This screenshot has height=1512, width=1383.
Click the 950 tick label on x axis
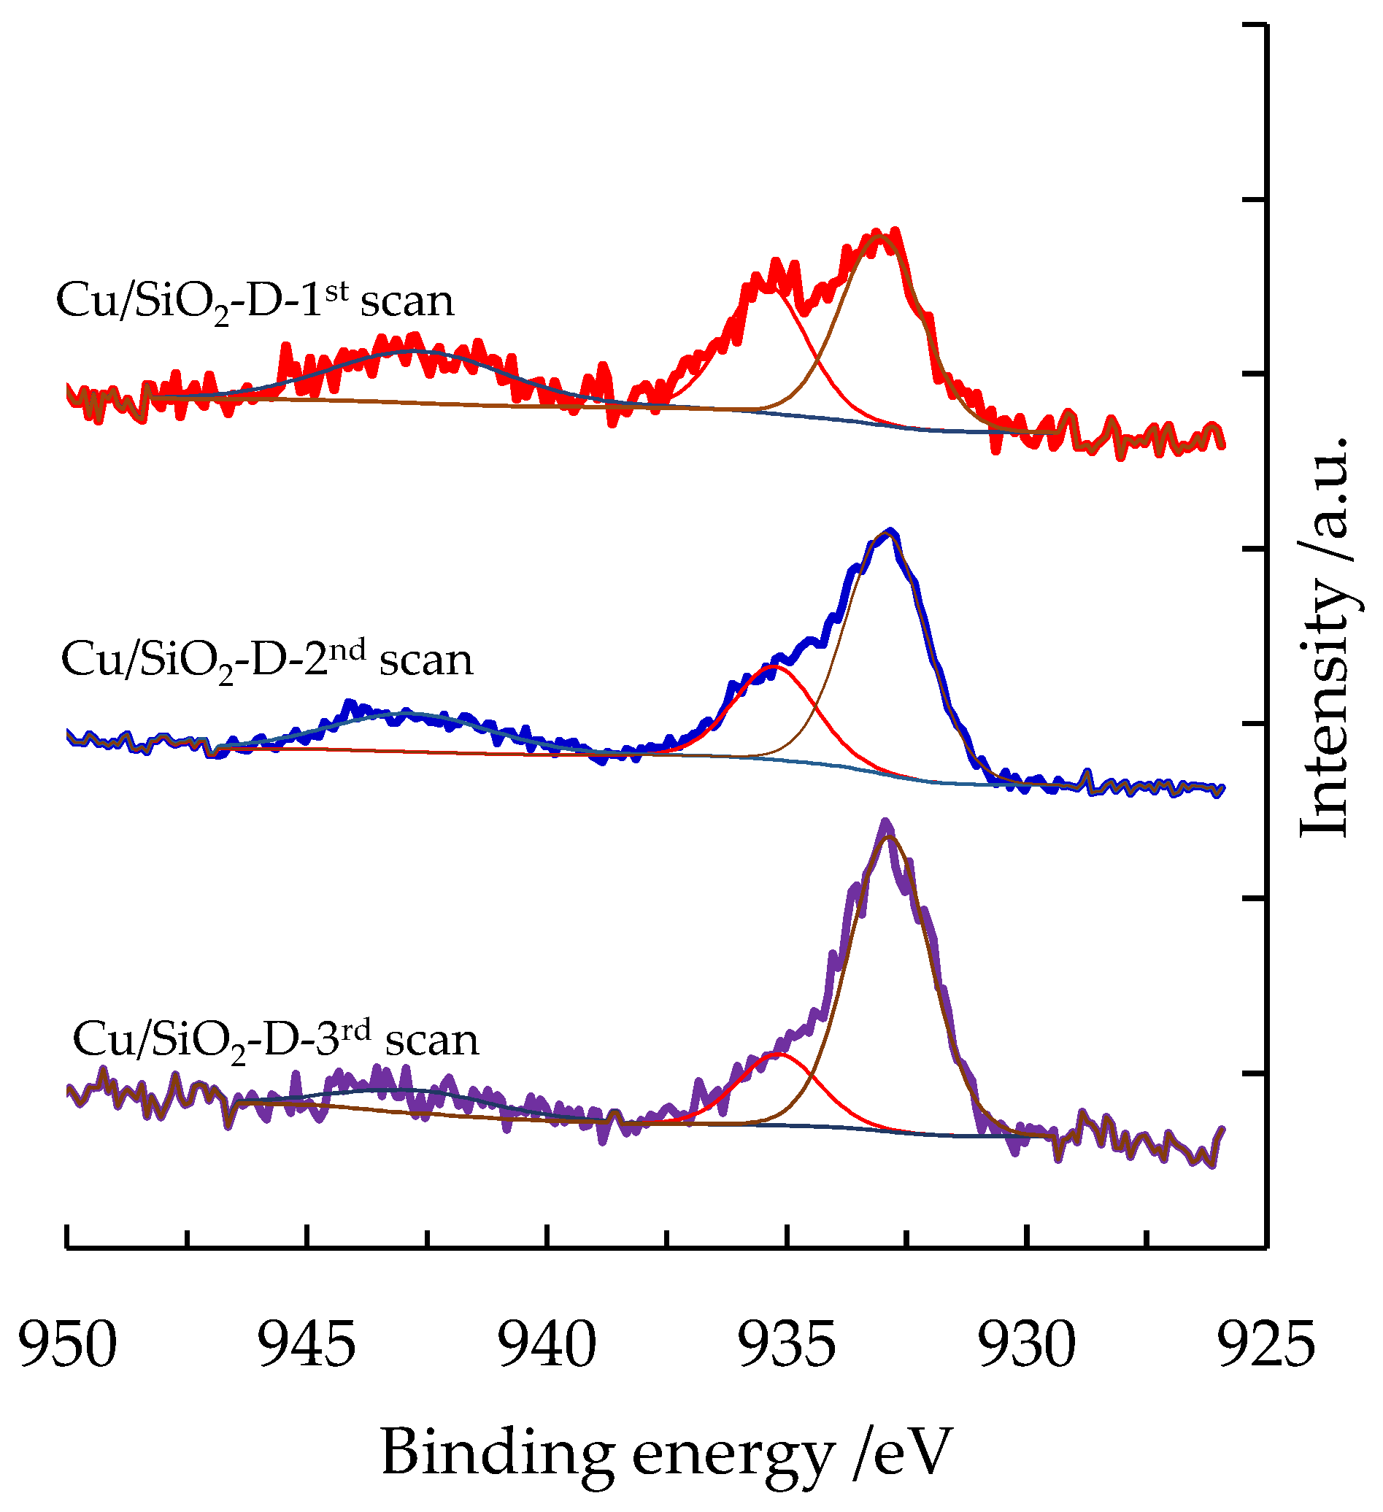tap(67, 1346)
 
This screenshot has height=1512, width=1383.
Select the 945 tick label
tap(307, 1346)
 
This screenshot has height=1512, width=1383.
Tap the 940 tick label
tap(547, 1346)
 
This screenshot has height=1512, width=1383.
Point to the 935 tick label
tap(787, 1346)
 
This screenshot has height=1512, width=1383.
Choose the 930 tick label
tap(1027, 1346)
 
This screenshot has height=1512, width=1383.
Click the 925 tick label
tap(1266, 1346)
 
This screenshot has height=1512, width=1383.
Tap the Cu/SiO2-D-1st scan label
tap(255, 302)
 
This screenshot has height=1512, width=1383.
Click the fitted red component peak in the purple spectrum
tap(779, 1054)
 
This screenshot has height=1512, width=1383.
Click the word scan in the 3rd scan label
tap(432, 1041)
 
